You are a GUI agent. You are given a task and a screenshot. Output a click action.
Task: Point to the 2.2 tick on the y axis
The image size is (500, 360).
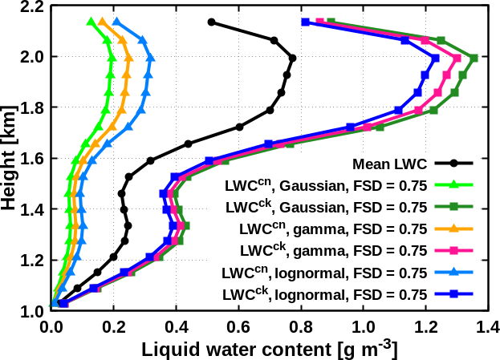click(x=32, y=7)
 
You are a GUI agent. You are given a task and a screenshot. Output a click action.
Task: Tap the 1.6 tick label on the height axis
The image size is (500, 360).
click(x=32, y=159)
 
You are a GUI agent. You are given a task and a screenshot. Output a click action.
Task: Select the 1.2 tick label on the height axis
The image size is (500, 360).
click(x=32, y=260)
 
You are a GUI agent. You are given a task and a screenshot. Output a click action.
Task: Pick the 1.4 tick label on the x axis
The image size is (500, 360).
click(x=488, y=326)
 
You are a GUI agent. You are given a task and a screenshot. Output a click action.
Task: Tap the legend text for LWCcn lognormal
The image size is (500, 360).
click(x=323, y=273)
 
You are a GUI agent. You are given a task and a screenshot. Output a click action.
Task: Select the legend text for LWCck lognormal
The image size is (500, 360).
click(x=323, y=295)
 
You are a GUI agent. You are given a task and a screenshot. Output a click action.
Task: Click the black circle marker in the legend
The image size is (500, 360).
click(x=453, y=163)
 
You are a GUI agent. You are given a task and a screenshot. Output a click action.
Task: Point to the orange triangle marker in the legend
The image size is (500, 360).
click(x=453, y=229)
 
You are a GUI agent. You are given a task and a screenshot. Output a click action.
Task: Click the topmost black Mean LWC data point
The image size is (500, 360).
click(x=211, y=22)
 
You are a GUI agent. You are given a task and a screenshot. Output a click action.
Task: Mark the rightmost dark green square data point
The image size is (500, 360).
click(x=474, y=58)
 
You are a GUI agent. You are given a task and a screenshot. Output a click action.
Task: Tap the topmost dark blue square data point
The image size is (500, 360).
click(x=305, y=22)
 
